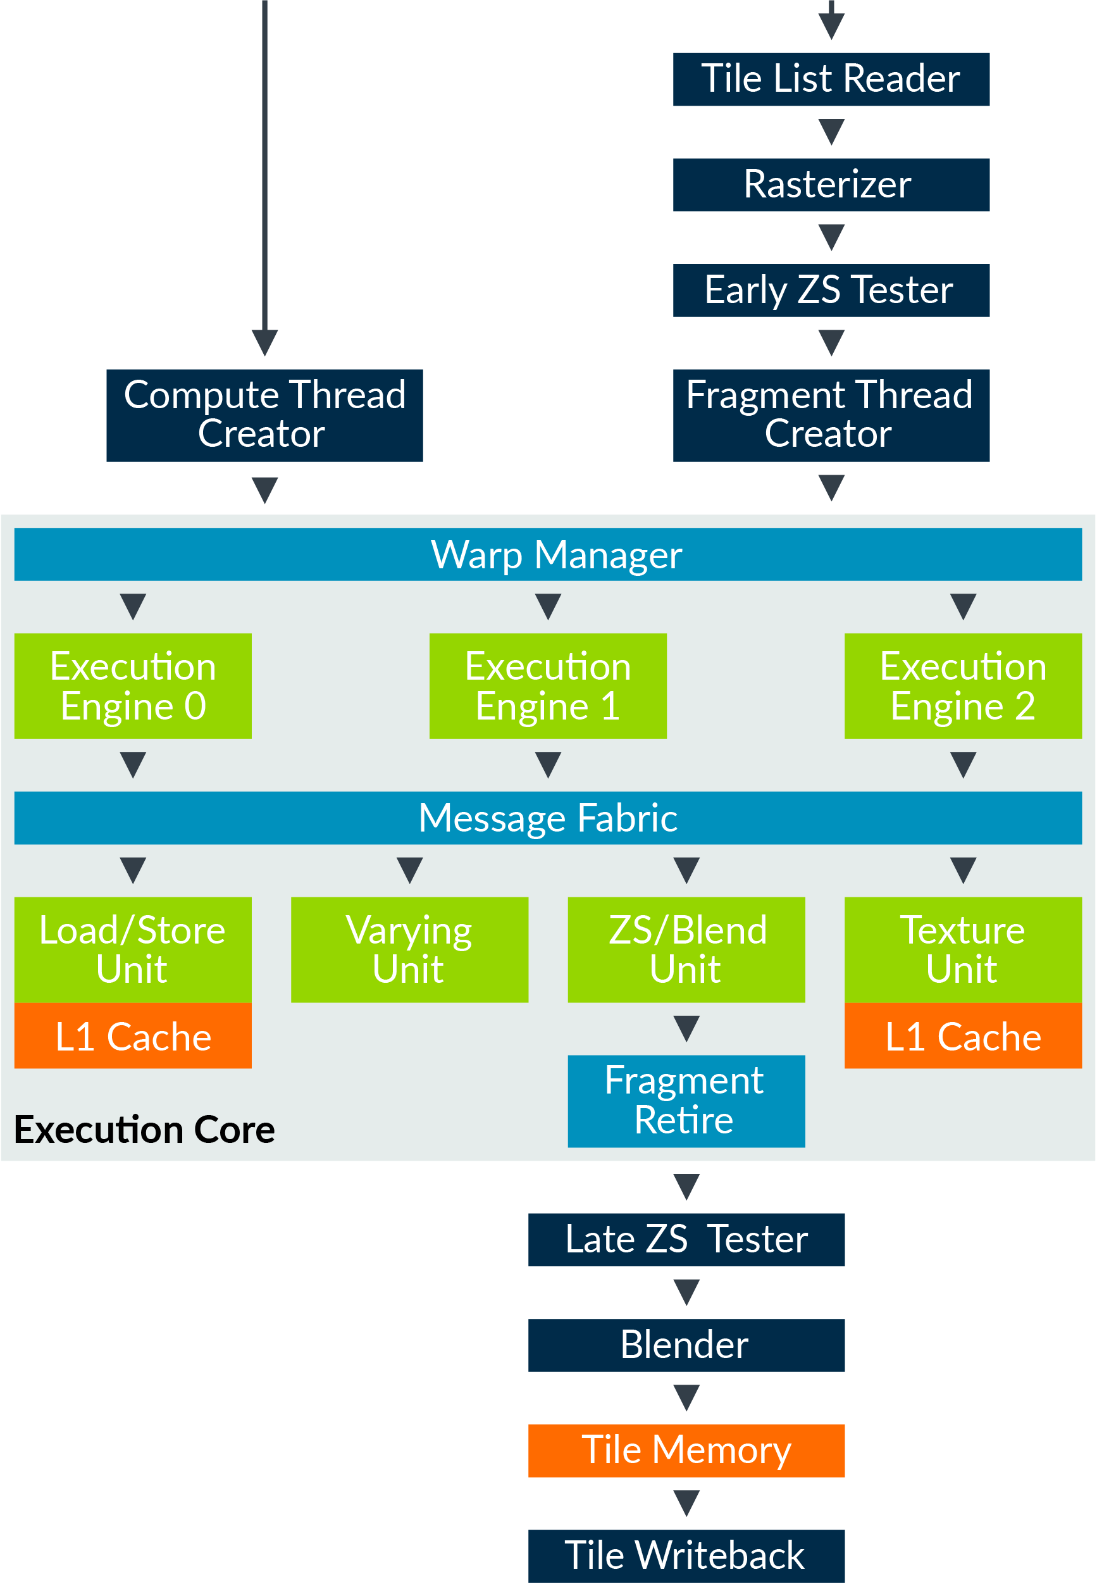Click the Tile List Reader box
[831, 79]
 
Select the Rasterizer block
[831, 184]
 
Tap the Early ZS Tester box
[831, 290]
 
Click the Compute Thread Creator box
[264, 415]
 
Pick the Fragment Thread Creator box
[831, 415]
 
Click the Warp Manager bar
[548, 554]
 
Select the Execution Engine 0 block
[133, 686]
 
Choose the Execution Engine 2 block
[963, 686]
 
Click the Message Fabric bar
[548, 818]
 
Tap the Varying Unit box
[410, 949]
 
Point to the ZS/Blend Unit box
[686, 949]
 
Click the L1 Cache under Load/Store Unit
[133, 1036]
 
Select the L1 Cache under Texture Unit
[963, 1036]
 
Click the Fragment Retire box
[686, 1101]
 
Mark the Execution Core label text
[144, 1130]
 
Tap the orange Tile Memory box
[686, 1450]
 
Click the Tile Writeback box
[686, 1556]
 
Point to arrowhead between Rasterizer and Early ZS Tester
[831, 237]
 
